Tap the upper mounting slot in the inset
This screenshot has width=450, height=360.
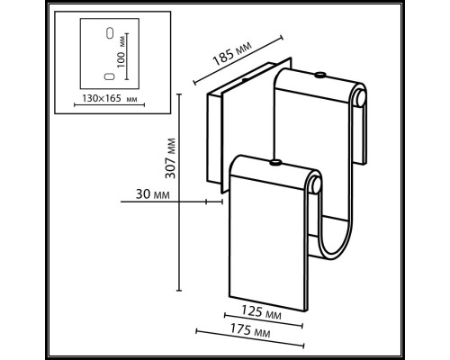coord(110,33)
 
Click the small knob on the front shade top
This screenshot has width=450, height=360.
coord(275,163)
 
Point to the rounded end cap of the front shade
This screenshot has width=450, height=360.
coord(315,184)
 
